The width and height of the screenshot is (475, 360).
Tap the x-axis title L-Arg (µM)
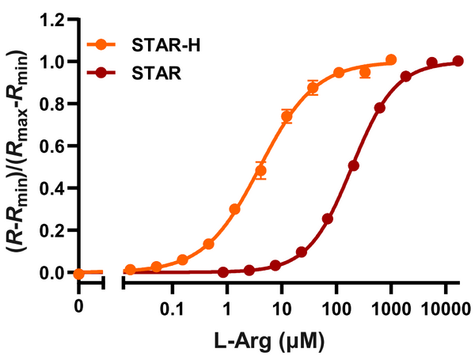(x=269, y=342)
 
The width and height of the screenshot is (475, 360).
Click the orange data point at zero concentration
(x=78, y=274)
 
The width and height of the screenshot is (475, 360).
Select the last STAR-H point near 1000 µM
(x=391, y=59)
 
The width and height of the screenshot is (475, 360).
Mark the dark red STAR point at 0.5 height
(x=353, y=165)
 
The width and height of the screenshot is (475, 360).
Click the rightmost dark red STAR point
(x=458, y=61)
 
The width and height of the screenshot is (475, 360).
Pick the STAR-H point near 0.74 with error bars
(x=287, y=116)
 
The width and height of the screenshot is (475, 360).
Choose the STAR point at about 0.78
(x=380, y=108)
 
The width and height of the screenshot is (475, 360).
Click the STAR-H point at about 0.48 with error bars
(x=260, y=171)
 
